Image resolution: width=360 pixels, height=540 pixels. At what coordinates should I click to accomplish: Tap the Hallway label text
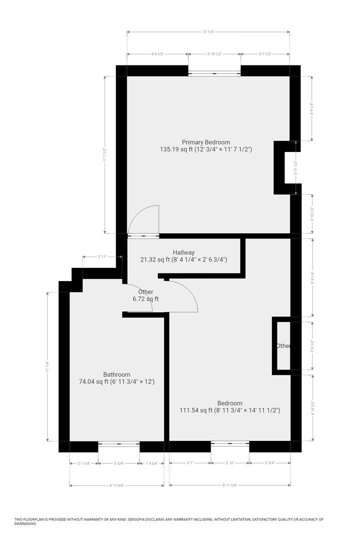[183, 252]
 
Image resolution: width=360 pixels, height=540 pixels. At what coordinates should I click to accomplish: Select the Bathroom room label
[116, 374]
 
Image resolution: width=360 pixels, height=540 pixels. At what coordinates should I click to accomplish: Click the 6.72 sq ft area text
[145, 299]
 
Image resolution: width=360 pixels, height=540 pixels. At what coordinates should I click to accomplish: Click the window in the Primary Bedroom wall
[214, 73]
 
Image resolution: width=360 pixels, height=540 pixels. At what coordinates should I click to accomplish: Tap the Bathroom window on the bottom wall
[118, 443]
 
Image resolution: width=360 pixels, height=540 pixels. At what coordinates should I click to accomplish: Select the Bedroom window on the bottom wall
[229, 443]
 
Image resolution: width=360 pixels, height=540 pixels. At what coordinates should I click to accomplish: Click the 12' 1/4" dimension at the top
[208, 31]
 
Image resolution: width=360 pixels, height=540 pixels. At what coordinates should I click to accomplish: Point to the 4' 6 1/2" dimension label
[157, 54]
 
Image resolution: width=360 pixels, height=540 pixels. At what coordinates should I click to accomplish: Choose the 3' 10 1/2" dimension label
[214, 54]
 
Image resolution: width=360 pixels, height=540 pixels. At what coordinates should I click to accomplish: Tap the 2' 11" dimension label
[102, 256]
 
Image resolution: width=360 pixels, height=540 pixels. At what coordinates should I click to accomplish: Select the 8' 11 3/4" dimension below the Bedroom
[229, 484]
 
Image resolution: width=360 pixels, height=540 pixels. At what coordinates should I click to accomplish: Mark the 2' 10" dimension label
[229, 463]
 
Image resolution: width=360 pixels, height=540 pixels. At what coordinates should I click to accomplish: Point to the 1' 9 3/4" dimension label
[151, 463]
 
